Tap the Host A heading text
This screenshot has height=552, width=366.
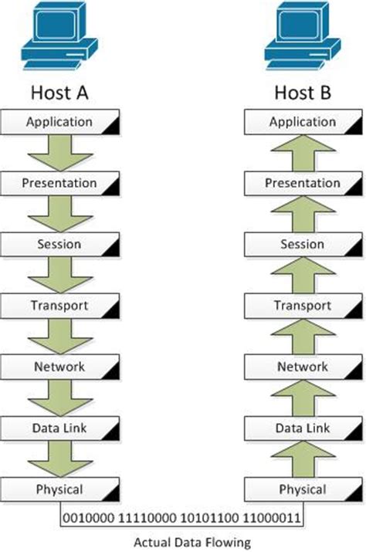pos(60,93)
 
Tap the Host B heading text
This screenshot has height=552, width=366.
pos(303,93)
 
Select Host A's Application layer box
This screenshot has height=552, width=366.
pos(60,122)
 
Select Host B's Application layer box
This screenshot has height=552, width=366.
pos(303,122)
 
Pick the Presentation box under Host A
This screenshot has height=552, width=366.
pos(60,184)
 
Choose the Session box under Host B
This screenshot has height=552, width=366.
pos(303,245)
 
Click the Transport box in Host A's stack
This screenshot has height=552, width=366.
pos(60,306)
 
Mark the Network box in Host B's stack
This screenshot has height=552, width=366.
pos(303,367)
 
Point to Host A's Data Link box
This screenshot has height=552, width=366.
pos(60,428)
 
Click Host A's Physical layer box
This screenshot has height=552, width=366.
pos(60,489)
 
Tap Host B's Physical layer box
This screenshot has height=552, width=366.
pos(303,489)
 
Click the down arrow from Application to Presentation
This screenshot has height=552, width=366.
pos(60,152)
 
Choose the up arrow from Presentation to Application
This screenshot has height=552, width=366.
pos(303,152)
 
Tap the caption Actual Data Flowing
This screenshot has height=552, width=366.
pos(182,540)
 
